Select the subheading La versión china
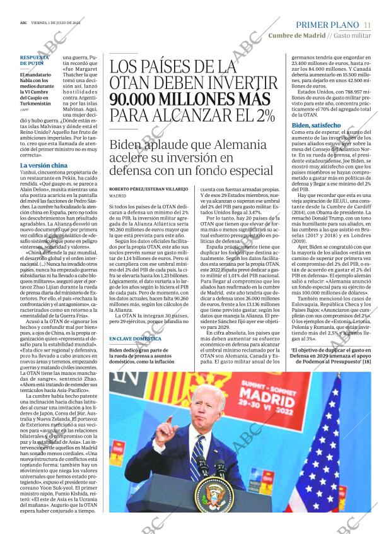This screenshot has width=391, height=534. (x=44, y=165)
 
